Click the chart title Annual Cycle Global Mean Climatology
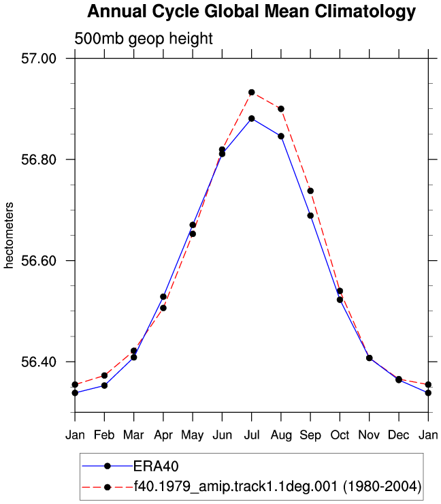(x=252, y=12)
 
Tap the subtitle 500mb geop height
(x=144, y=39)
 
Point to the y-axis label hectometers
(x=9, y=235)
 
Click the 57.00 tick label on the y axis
(x=39, y=59)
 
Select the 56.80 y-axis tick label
(x=39, y=159)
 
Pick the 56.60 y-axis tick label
(x=39, y=260)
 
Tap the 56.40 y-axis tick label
(x=39, y=362)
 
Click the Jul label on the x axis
(x=252, y=435)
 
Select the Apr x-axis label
(x=163, y=435)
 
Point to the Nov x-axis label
(x=369, y=435)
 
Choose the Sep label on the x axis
(x=310, y=435)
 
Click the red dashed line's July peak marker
(x=252, y=93)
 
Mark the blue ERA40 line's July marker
(x=252, y=119)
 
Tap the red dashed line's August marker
(x=281, y=109)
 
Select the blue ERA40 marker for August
(x=281, y=136)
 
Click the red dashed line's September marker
(x=310, y=191)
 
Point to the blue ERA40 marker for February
(x=104, y=385)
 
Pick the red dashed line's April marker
(x=163, y=308)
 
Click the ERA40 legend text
(x=156, y=466)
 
